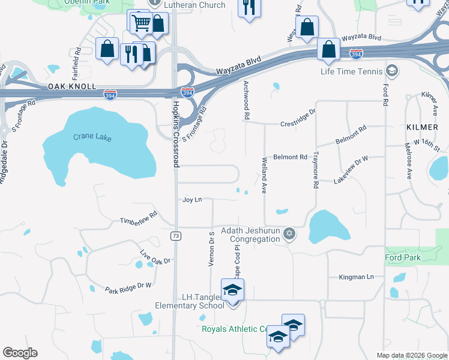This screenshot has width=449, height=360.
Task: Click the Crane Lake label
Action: (x=92, y=137)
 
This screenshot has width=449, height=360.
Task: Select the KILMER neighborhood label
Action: (x=418, y=127)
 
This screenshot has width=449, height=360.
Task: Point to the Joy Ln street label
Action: (x=191, y=200)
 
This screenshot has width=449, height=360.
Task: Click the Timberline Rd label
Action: (x=138, y=217)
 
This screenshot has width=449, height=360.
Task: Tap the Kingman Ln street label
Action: (x=356, y=277)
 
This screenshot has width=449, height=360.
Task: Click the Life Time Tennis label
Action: (x=351, y=72)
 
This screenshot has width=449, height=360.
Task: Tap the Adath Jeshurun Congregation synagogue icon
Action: (x=289, y=233)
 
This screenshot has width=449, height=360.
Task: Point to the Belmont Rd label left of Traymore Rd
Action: (x=290, y=157)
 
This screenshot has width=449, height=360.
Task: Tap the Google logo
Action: (x=20, y=353)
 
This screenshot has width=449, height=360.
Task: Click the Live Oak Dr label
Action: (x=155, y=257)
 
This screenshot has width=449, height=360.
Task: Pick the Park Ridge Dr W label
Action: (x=128, y=287)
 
